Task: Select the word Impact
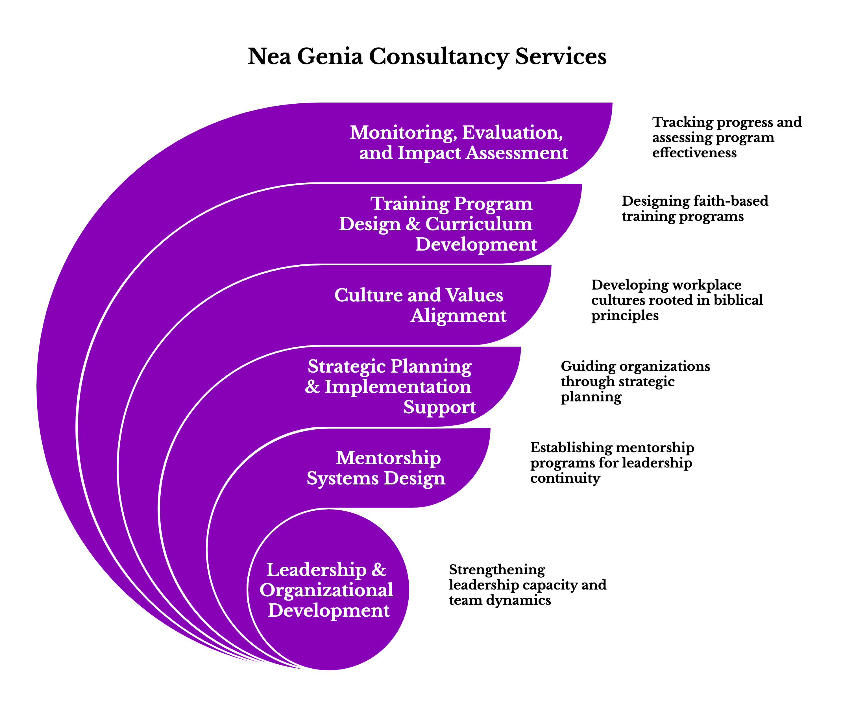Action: pos(429,153)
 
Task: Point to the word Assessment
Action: pos(517,153)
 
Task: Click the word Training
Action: pos(409,204)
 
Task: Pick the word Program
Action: pos(493,204)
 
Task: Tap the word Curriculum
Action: pos(478,224)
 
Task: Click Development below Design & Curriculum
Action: pos(476,244)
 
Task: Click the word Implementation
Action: pos(398,387)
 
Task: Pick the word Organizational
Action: pos(326,590)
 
